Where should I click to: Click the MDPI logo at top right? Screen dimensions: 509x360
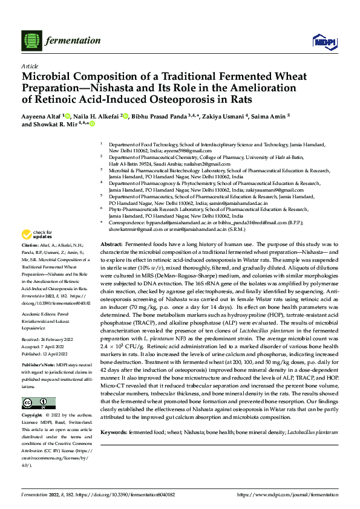click(322, 41)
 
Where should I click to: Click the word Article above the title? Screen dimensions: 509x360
click(30, 66)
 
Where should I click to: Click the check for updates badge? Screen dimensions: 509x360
click(37, 235)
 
